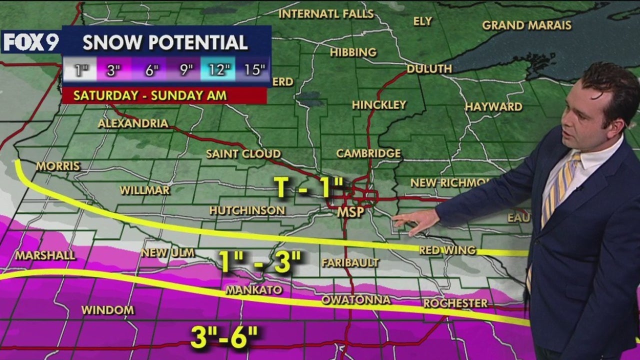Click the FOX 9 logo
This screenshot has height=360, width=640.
tap(30, 42)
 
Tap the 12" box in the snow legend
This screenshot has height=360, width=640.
tap(218, 70)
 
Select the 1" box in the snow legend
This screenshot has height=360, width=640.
tap(79, 70)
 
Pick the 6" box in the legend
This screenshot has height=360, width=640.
tap(148, 70)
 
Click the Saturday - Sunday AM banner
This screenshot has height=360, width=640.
tap(150, 95)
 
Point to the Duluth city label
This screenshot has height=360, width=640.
tap(429, 69)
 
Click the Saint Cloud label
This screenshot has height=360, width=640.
tap(243, 154)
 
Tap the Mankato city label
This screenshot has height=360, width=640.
tap(253, 290)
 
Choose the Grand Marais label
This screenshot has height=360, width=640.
tap(526, 25)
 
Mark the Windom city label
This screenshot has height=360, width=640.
tap(107, 310)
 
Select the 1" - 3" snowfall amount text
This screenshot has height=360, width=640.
tap(260, 262)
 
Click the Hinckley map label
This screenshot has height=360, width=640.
tap(378, 105)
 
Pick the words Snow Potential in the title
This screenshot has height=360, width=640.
tap(165, 43)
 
